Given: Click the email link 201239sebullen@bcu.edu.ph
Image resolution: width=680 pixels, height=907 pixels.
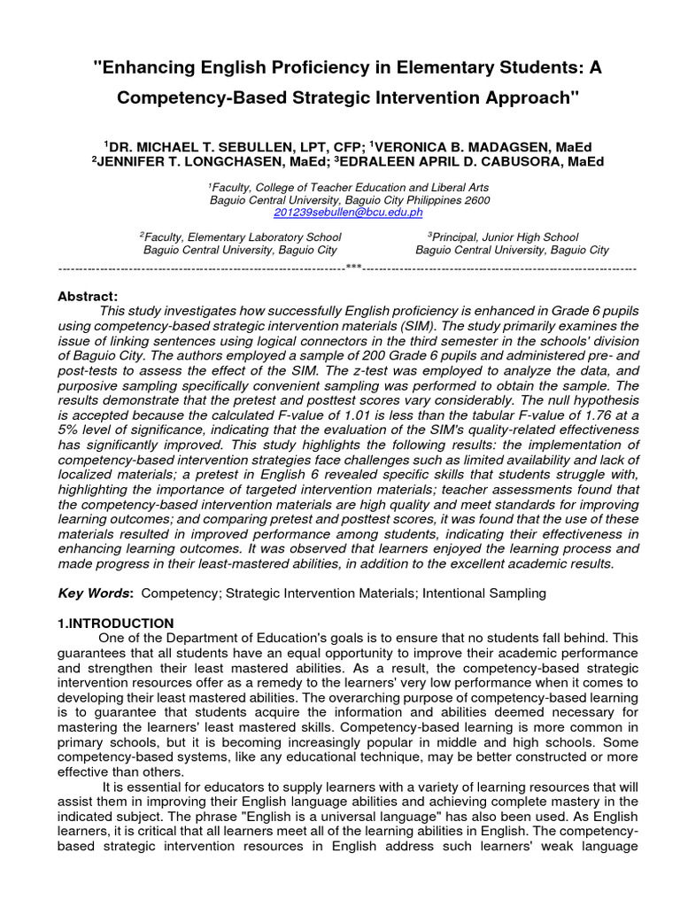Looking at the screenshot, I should (336, 213).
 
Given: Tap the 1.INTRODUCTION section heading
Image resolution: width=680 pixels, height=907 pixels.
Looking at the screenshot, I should (116, 623).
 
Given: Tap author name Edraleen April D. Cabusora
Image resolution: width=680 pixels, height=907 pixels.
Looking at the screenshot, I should (450, 162).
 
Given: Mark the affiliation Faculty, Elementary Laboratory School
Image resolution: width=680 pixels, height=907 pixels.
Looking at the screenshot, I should (243, 237).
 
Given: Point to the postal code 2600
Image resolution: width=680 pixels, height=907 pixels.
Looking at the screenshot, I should (475, 200).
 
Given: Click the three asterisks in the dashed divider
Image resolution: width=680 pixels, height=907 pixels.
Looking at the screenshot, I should (353, 267).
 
